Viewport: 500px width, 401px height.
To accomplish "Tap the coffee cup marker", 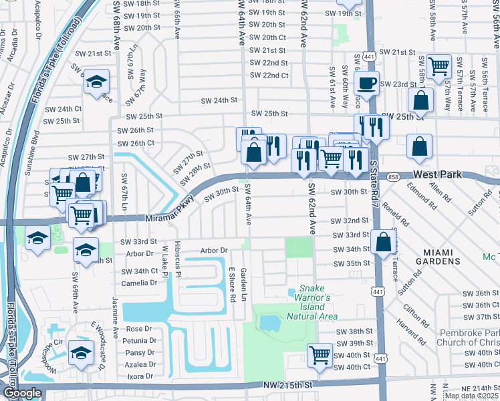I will coord(366,84).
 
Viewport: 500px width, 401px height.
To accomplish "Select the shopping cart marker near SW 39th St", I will coord(320,354).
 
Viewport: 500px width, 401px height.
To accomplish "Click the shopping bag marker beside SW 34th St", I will coord(384,243).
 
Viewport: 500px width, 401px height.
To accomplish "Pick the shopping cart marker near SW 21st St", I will coord(439,66).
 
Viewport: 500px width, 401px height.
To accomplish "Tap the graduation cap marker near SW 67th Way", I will coord(97,82).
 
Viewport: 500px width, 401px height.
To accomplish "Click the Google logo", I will coord(22,393).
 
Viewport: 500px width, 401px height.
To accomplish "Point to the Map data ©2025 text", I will coord(471,396).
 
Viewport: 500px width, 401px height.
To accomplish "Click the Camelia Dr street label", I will coord(139,283).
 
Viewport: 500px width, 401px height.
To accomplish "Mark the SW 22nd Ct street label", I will coord(269,76).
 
